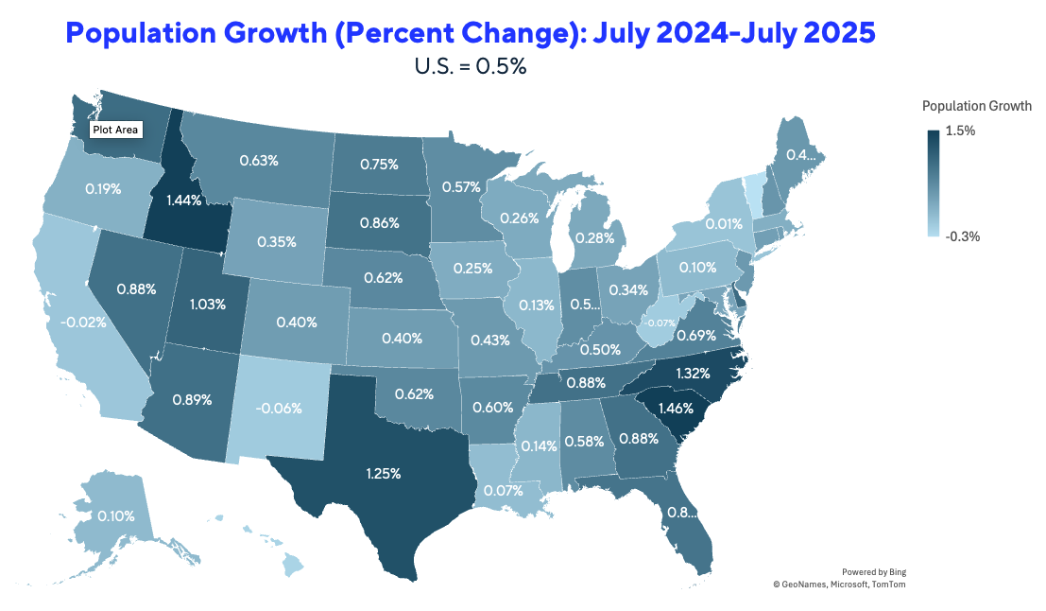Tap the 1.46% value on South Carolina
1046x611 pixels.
click(x=676, y=410)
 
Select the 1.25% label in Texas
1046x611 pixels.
click(x=383, y=472)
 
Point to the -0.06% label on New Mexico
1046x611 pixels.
click(x=278, y=409)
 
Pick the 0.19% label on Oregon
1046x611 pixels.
click(x=102, y=188)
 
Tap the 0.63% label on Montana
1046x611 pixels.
click(x=259, y=161)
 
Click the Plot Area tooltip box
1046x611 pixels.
click(x=116, y=130)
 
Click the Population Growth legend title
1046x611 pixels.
click(x=976, y=105)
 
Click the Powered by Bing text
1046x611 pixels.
click(x=873, y=571)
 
